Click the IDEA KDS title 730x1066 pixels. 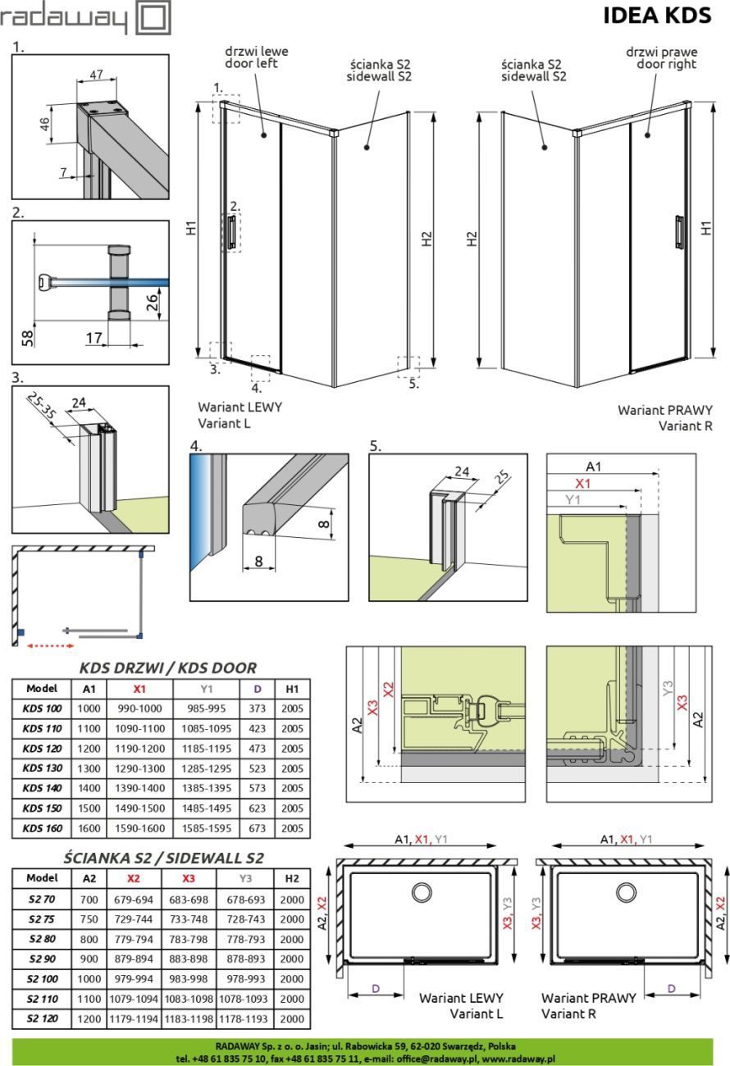pos(656,16)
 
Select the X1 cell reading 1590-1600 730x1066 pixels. pos(139,828)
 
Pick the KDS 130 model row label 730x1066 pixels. pos(42,768)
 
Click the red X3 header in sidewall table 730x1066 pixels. pos(189,878)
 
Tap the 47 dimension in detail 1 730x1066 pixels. pos(96,75)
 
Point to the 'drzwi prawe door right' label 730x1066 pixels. pos(661,57)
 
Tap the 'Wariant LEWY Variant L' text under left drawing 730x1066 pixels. pos(240,416)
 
